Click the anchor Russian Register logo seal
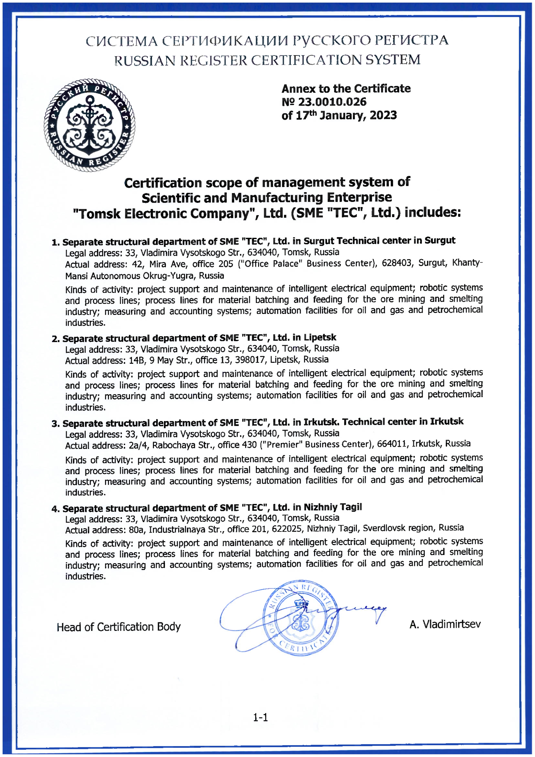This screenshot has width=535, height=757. tap(89, 125)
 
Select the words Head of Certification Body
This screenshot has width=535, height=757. tap(119, 627)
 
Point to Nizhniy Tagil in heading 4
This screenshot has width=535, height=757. tap(332, 507)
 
